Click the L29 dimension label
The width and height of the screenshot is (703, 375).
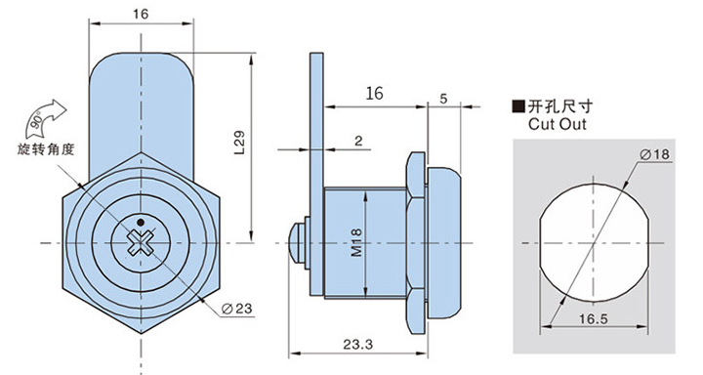tap(240, 143)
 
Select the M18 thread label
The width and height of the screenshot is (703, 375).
tap(356, 242)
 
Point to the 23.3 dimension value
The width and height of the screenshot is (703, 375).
tap(357, 345)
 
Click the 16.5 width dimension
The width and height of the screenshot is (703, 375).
tap(594, 319)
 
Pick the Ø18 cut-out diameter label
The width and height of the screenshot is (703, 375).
tap(654, 154)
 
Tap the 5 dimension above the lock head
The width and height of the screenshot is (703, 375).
tap(443, 99)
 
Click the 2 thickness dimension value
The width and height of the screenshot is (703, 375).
tap(358, 141)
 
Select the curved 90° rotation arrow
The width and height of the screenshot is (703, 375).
tap(45, 118)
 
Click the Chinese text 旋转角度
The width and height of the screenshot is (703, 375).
tap(46, 149)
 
